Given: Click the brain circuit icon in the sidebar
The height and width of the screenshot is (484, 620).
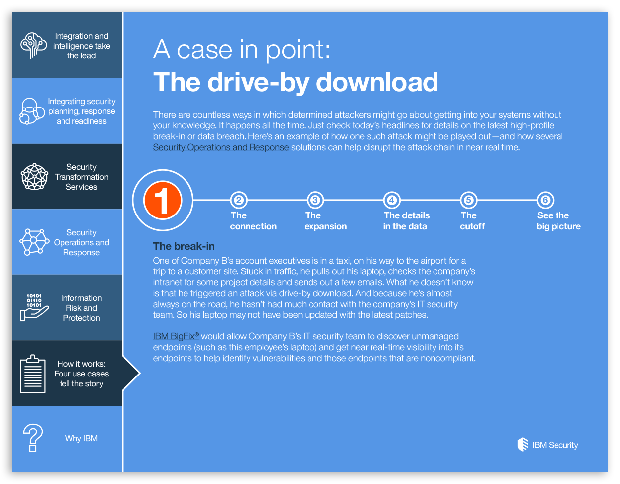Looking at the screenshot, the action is coord(34,46).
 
